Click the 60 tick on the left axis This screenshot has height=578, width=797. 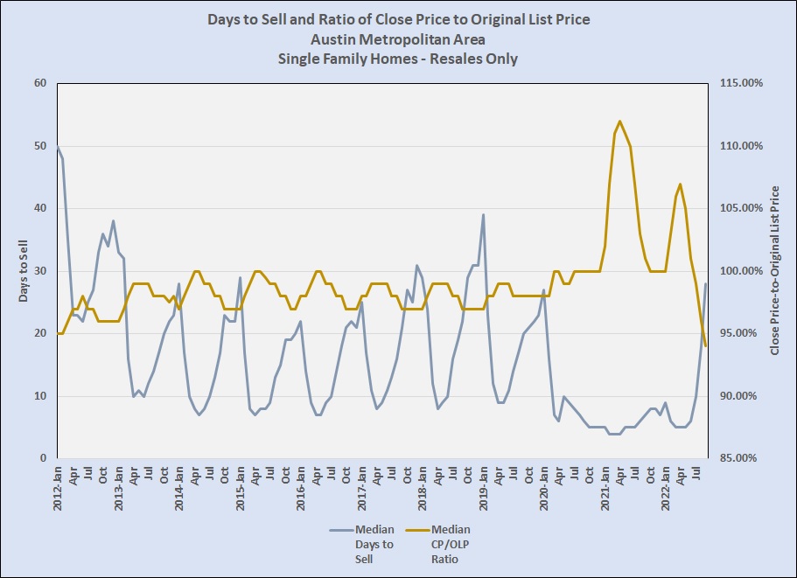pyautogui.click(x=39, y=83)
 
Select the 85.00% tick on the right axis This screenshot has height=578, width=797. pyautogui.click(x=741, y=458)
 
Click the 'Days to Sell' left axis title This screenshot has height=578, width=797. pyautogui.click(x=25, y=270)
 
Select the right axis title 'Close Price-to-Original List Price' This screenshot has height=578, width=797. pyautogui.click(x=774, y=270)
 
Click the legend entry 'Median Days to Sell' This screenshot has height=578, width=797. pyautogui.click(x=374, y=544)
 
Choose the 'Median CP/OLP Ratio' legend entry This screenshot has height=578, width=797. pyautogui.click(x=451, y=544)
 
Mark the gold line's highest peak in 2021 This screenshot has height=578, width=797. pyautogui.click(x=619, y=122)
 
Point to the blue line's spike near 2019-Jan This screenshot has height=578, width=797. pyautogui.click(x=483, y=214)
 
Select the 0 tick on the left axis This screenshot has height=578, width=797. pyautogui.click(x=43, y=458)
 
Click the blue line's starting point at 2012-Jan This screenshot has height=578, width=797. pyautogui.click(x=58, y=146)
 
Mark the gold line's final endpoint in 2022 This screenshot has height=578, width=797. pyautogui.click(x=705, y=346)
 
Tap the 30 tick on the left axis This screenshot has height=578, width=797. pyautogui.click(x=39, y=271)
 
